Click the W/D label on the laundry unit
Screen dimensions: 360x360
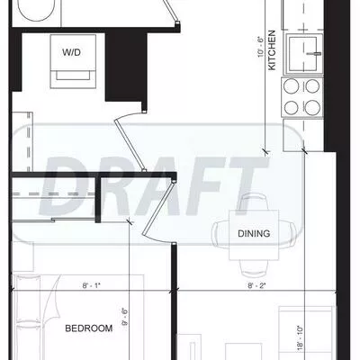pyautogui.click(x=70, y=52)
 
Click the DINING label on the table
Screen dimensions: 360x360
pyautogui.click(x=252, y=234)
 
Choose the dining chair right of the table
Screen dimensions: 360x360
pyautogui.click(x=287, y=234)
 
